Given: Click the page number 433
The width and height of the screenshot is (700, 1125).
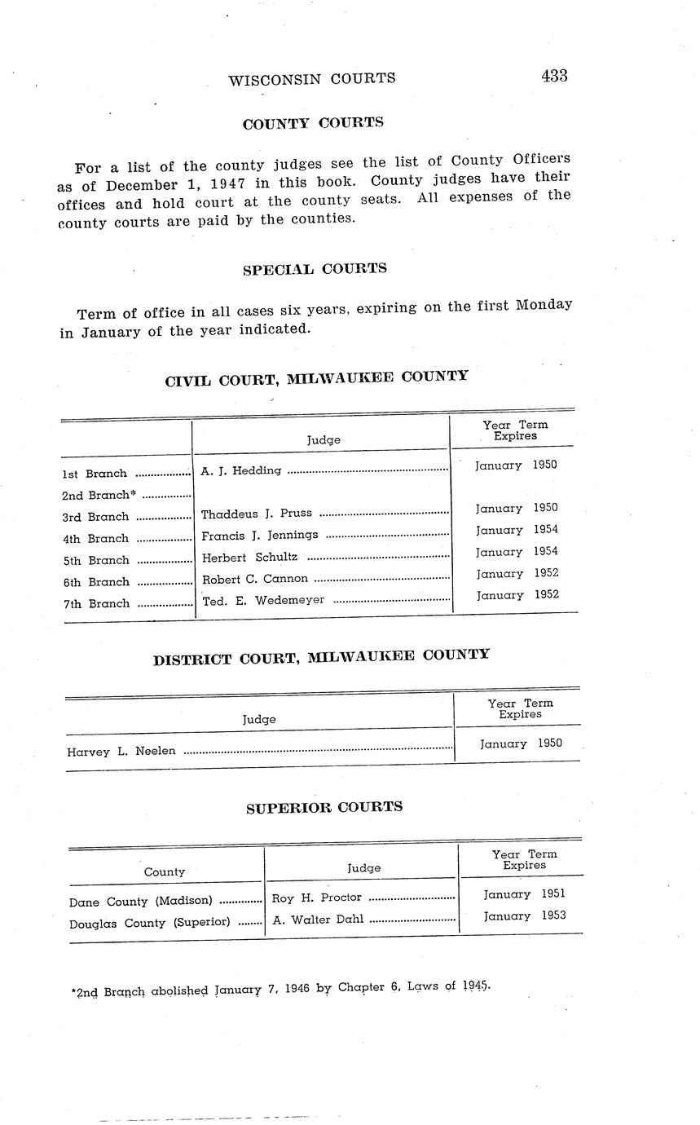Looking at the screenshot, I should [553, 76].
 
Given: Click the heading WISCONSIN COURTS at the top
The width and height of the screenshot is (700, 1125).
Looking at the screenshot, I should [312, 78].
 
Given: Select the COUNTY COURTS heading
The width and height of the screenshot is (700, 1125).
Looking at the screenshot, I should [313, 123].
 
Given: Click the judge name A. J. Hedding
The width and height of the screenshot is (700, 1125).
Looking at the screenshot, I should [240, 470].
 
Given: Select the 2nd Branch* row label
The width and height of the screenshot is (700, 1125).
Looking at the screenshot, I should [99, 495].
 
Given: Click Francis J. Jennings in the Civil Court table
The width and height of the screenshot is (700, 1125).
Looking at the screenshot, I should [259, 536].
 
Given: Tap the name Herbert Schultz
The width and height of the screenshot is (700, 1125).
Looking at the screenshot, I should [249, 557].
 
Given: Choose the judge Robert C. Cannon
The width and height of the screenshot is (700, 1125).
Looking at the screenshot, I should [254, 579].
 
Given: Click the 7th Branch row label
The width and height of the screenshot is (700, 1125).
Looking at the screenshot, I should [96, 604].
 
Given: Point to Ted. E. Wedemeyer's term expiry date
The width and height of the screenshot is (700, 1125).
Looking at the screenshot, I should [517, 595].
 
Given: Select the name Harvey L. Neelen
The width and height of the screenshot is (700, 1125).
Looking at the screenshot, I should [121, 751].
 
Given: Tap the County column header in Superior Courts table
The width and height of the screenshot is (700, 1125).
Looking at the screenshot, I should [165, 871].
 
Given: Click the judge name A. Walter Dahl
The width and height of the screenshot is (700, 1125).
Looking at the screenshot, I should [318, 920].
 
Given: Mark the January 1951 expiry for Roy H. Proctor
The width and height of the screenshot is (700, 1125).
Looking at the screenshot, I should [524, 894].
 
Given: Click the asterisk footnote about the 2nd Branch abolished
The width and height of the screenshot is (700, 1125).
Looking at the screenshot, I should [280, 990].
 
